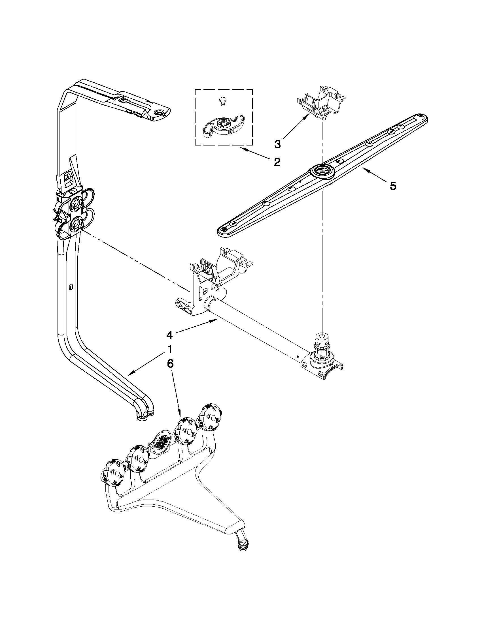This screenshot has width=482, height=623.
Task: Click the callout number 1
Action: click(x=170, y=349)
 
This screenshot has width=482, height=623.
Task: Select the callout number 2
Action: click(x=277, y=162)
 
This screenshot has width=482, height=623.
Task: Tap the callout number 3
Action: click(x=277, y=144)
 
